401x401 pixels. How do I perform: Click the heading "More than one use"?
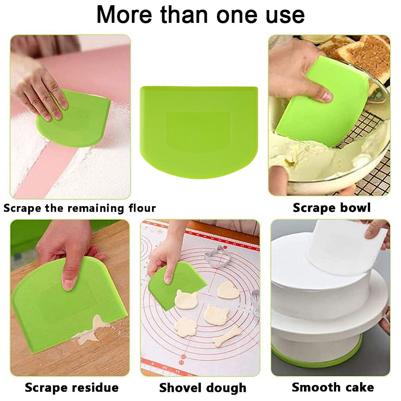click(x=200, y=14)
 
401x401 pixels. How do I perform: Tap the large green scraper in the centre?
click(x=199, y=132)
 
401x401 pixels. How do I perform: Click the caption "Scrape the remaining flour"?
click(x=79, y=208)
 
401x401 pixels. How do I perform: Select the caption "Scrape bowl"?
click(x=332, y=208)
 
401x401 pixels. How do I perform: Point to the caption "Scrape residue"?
click(x=72, y=387)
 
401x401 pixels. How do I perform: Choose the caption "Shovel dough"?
click(x=203, y=388)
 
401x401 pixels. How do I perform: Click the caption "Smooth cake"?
click(x=333, y=387)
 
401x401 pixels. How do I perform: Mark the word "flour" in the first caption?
click(x=142, y=208)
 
